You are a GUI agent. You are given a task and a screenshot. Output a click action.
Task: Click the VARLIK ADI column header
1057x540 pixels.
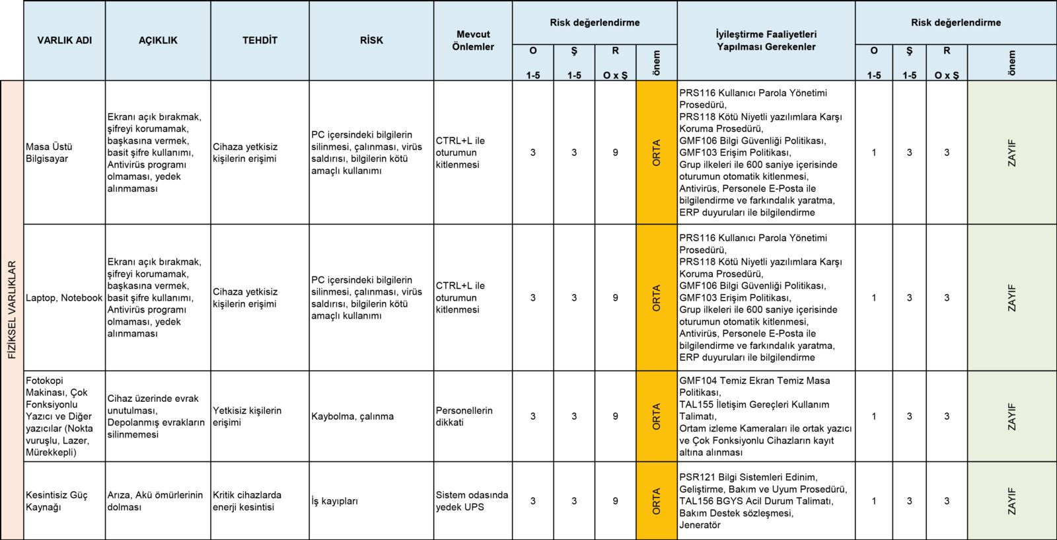tap(64, 40)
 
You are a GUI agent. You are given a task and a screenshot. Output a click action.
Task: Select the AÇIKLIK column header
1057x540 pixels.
tap(158, 40)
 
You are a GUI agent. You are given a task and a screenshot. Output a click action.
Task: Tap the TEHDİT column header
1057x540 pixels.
tap(260, 40)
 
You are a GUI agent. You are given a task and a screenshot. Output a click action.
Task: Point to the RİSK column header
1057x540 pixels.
tap(371, 40)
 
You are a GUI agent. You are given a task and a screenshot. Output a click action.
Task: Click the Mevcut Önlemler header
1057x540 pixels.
tap(473, 40)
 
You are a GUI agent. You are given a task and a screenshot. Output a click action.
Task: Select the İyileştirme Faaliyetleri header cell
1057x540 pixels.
tap(766, 40)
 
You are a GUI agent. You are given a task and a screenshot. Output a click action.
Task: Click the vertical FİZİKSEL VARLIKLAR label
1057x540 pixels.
tap(12, 310)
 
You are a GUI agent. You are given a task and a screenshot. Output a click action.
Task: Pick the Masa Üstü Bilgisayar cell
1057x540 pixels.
tap(64, 153)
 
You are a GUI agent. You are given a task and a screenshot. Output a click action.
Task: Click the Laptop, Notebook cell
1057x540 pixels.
tap(64, 298)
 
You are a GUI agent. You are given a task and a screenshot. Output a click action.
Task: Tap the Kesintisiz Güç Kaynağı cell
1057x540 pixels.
tap(64, 501)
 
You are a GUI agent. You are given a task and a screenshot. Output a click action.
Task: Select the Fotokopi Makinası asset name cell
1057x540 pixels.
tap(64, 416)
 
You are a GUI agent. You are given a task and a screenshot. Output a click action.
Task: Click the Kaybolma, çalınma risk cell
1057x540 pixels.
tap(371, 416)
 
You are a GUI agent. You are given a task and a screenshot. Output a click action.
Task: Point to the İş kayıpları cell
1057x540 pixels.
tap(371, 501)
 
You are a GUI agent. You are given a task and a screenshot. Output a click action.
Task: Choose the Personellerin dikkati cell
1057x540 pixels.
tap(473, 416)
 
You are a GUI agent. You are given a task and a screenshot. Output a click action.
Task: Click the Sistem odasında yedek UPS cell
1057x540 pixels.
tap(473, 501)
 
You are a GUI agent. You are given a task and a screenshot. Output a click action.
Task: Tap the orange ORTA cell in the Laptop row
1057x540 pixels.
tap(656, 298)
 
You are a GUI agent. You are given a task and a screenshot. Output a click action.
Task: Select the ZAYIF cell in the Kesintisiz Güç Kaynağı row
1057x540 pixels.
tap(1011, 501)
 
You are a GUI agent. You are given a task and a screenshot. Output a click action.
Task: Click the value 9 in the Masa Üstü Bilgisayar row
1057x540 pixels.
tap(615, 153)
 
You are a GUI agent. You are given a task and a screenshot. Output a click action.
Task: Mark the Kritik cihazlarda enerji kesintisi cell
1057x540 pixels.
tap(260, 501)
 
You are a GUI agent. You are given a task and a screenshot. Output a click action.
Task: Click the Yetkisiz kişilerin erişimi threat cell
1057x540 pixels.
tap(260, 416)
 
